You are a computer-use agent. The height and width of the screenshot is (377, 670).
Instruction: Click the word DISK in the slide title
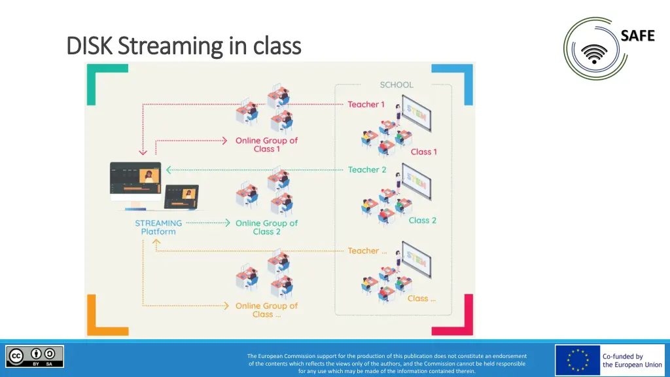[x=90, y=46]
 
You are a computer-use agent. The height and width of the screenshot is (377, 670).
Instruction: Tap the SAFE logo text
[x=637, y=36]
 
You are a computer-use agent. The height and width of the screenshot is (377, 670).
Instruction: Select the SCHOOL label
[x=397, y=84]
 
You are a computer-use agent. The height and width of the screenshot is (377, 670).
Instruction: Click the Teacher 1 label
[x=366, y=104]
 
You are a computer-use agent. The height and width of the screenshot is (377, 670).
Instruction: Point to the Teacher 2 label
[x=367, y=170]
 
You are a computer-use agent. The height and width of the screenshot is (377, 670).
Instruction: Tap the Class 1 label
[x=423, y=152]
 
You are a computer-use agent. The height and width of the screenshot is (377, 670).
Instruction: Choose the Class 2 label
[x=422, y=221]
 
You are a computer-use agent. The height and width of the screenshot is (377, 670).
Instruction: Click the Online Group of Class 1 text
[x=266, y=145]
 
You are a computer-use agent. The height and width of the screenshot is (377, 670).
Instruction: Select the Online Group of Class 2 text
[x=266, y=227]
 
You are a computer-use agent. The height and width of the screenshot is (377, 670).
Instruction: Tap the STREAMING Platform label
[x=158, y=227]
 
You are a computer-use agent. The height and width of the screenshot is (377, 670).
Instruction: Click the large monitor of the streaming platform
[x=135, y=179]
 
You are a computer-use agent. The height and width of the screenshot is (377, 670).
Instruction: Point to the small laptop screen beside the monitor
[x=182, y=194]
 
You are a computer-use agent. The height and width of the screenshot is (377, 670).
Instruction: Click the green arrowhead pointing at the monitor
[x=169, y=170]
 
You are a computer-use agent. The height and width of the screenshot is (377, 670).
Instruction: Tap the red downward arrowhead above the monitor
[x=143, y=154]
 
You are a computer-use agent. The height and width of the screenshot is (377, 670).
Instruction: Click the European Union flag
[x=577, y=361]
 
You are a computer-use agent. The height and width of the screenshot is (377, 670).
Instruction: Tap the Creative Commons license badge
[x=35, y=357]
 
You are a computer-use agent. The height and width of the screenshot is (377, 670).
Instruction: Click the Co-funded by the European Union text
[x=632, y=361]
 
